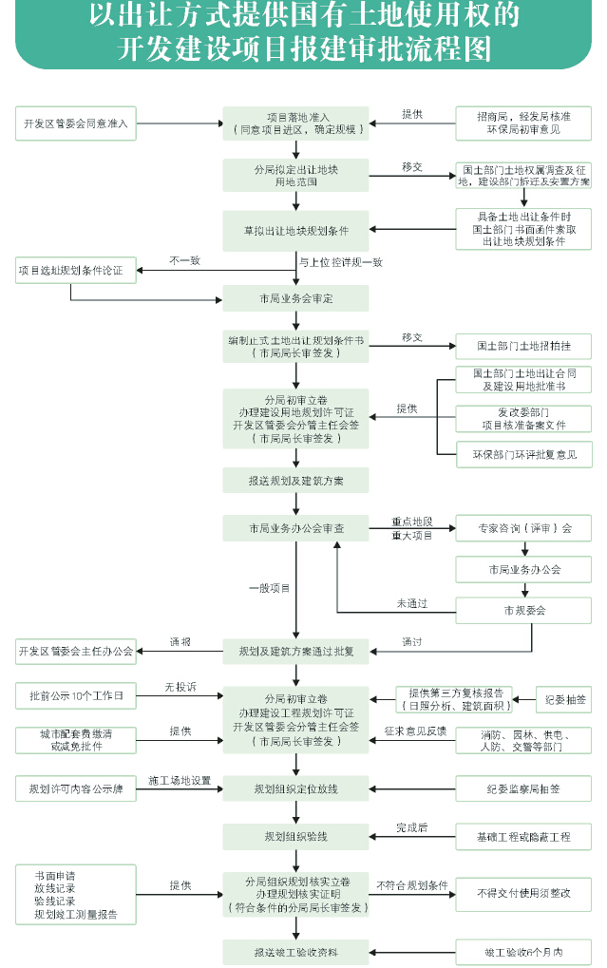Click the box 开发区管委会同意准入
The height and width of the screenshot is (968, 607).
pyautogui.click(x=76, y=123)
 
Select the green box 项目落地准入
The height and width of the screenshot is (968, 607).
pyautogui.click(x=296, y=123)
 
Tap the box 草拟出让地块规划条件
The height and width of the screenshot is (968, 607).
pyautogui.click(x=296, y=231)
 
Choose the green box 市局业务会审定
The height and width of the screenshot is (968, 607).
pyautogui.click(x=296, y=298)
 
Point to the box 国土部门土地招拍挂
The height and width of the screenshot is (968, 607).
pyautogui.click(x=523, y=345)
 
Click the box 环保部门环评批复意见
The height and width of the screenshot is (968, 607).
pyautogui.click(x=523, y=456)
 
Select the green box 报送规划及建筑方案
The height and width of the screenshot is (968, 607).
pyautogui.click(x=296, y=481)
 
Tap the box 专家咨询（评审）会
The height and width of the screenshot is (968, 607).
pyautogui.click(x=523, y=528)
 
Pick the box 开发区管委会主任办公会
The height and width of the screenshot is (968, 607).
pyautogui.click(x=76, y=652)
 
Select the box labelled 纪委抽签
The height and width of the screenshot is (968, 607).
pyautogui.click(x=564, y=699)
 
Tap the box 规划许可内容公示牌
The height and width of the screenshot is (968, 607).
pyautogui.click(x=76, y=788)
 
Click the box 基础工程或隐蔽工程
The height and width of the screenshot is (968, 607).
pyautogui.click(x=523, y=837)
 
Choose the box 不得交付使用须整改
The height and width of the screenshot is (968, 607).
pyautogui.click(x=523, y=893)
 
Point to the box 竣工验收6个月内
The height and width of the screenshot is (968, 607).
pyautogui.click(x=523, y=951)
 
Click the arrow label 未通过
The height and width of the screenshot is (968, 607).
pyautogui.click(x=412, y=603)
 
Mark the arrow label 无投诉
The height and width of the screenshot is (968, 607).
pyautogui.click(x=180, y=686)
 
